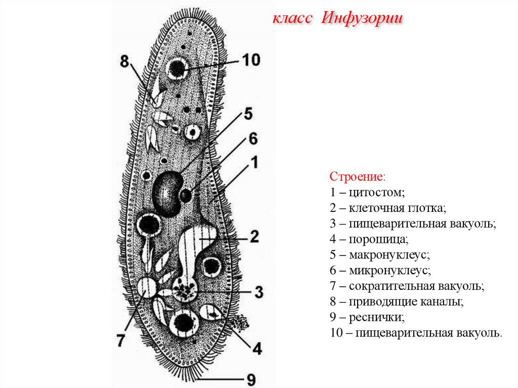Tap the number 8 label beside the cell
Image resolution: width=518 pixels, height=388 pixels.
pyautogui.click(x=125, y=62)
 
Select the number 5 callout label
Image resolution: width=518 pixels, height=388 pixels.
pyautogui.click(x=247, y=114)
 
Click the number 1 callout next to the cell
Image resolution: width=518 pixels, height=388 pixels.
pyautogui.click(x=254, y=162)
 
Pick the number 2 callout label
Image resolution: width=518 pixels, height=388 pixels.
pyautogui.click(x=254, y=236)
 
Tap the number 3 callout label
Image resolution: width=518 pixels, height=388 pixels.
pyautogui.click(x=258, y=291)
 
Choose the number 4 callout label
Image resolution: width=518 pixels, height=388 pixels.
pyautogui.click(x=257, y=348)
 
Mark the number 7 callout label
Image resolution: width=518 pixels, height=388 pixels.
pyautogui.click(x=120, y=340)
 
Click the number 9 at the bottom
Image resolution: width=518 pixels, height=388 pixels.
pyautogui.click(x=251, y=379)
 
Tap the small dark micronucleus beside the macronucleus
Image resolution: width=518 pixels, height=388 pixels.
pyautogui.click(x=186, y=195)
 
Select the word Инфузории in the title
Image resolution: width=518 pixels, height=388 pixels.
pyautogui.click(x=362, y=19)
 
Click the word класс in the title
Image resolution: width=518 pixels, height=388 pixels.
pyautogui.click(x=292, y=19)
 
